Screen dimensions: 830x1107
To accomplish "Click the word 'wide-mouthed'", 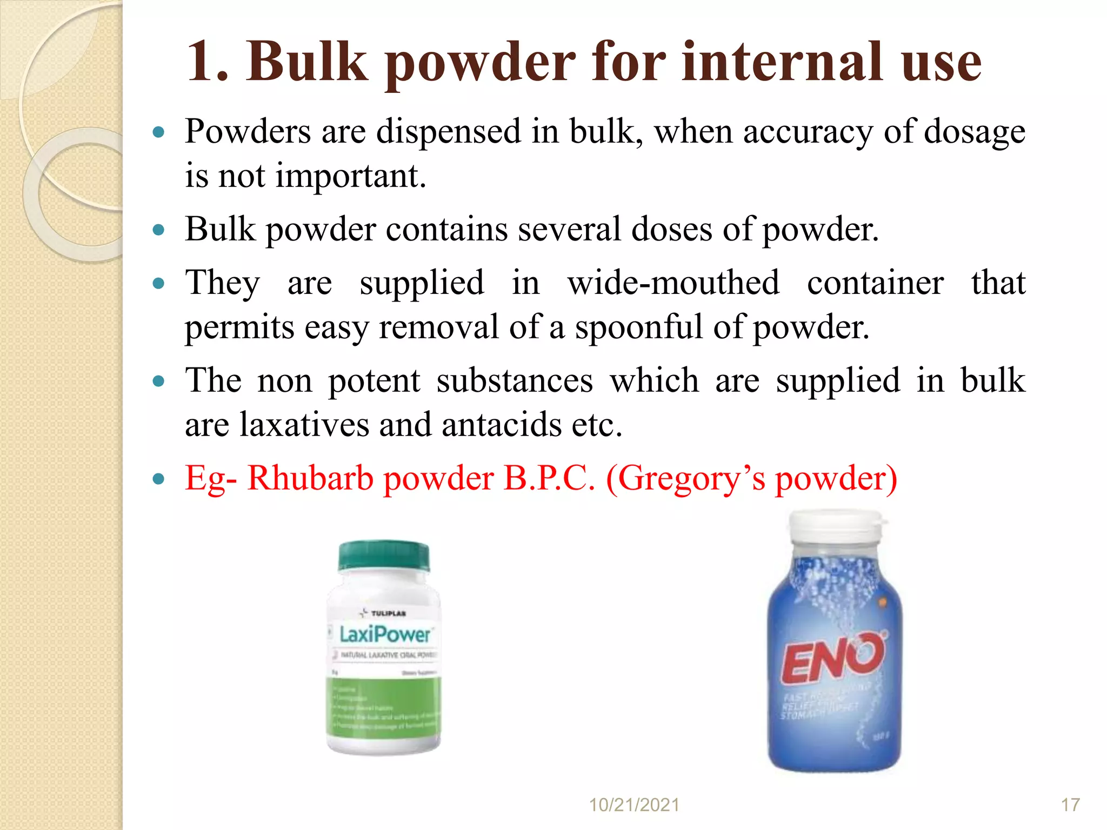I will click(x=673, y=283).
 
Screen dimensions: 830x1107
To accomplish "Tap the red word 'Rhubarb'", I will click(x=310, y=479).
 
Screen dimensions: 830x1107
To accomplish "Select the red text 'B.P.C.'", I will click(x=549, y=479).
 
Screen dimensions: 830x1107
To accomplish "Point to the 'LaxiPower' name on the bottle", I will click(x=385, y=634).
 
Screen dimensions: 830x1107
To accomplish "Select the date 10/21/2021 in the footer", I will click(x=633, y=805).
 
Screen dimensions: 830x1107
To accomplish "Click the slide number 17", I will click(x=1070, y=805).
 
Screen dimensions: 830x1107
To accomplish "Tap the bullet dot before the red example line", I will click(x=158, y=479).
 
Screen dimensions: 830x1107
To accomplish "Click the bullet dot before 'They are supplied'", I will click(x=158, y=283).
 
